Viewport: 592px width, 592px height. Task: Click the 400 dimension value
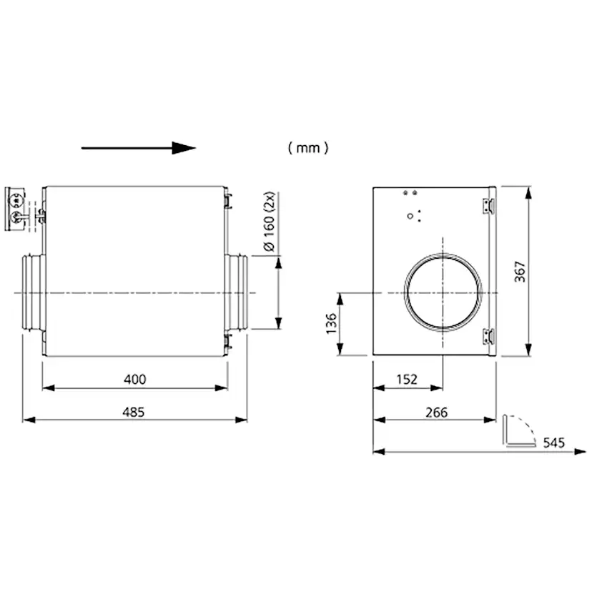pos(135,379)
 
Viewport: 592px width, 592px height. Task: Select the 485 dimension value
pos(134,412)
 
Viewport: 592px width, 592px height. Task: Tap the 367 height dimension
pos(520,272)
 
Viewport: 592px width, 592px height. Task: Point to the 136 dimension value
pos(331,323)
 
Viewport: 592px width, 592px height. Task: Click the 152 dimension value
pos(407,379)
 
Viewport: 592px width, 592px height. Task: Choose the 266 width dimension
pos(437,413)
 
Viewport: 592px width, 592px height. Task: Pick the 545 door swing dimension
pos(554,443)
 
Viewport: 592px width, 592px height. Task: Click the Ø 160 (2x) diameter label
pos(270,222)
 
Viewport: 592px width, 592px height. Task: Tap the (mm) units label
pos(308,147)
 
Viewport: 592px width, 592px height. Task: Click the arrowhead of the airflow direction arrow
pos(184,148)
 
